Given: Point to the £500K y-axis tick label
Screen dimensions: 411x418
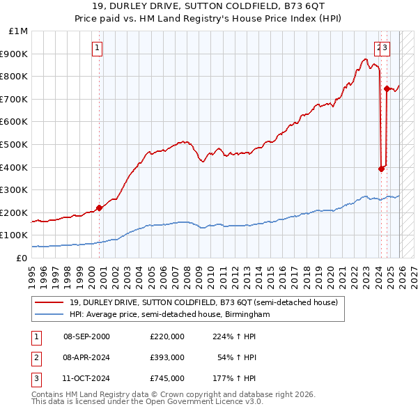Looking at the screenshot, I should pyautogui.click(x=15, y=145).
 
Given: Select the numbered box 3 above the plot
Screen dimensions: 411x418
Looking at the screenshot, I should pyautogui.click(x=385, y=48).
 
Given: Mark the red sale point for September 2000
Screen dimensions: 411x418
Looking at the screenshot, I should pyautogui.click(x=99, y=208).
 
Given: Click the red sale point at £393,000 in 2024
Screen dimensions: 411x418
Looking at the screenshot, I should pyautogui.click(x=381, y=169).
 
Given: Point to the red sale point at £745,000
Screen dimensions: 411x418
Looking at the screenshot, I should pyautogui.click(x=387, y=88).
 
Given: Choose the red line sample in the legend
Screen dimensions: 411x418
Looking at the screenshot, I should pyautogui.click(x=49, y=302).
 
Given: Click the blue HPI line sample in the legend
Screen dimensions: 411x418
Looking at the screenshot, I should pyautogui.click(x=49, y=315).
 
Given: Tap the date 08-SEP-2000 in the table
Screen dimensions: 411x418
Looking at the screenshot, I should pyautogui.click(x=86, y=336).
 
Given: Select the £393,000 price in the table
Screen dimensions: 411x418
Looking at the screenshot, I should pyautogui.click(x=167, y=357).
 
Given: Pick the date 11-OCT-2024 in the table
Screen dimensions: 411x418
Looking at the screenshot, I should pyautogui.click(x=86, y=379).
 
